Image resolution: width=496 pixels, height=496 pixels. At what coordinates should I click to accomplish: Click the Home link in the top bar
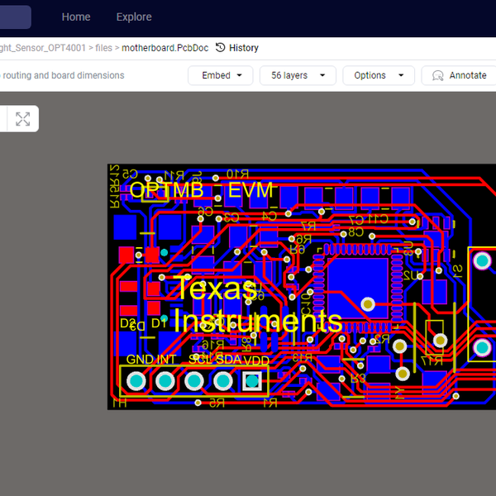tap(76, 17)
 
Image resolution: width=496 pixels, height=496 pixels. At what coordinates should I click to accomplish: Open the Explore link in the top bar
tap(134, 17)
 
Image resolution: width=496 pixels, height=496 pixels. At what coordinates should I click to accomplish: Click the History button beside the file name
tap(237, 48)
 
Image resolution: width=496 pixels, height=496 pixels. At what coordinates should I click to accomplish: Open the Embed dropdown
tap(221, 75)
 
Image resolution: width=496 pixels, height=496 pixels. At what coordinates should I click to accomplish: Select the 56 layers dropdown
tap(298, 75)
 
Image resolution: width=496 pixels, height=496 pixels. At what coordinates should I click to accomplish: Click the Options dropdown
tap(378, 75)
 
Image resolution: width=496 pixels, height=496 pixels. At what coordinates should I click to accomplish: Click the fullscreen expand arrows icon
tap(22, 119)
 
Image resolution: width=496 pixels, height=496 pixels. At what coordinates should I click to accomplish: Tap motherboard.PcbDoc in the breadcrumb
tap(165, 48)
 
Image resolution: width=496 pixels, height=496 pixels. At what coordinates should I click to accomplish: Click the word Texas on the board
tap(216, 289)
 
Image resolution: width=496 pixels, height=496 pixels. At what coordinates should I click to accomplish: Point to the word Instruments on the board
tap(258, 321)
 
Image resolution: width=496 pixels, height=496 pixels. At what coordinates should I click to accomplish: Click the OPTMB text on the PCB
tap(166, 190)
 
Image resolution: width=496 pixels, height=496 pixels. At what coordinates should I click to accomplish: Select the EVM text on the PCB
tap(250, 190)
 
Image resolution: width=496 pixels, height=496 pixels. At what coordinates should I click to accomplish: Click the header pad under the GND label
tap(136, 381)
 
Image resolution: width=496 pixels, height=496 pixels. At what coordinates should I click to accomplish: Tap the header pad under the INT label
tap(165, 381)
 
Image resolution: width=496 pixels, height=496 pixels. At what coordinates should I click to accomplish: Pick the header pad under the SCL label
tap(194, 381)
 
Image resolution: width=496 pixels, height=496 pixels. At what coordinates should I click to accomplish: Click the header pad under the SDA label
tap(223, 381)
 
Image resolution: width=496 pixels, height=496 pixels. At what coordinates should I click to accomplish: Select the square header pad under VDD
tap(252, 381)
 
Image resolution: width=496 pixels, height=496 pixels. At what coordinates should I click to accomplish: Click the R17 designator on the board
tap(431, 361)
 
